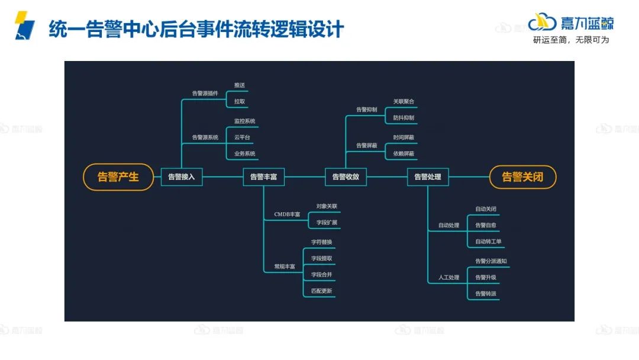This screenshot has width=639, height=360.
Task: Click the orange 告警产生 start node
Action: coord(118,176)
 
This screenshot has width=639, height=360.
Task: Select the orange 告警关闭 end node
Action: coord(522,176)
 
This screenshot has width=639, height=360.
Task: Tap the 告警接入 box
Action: coord(181,176)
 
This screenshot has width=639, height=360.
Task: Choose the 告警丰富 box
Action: coord(263,176)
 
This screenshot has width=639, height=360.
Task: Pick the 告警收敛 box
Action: coord(346,176)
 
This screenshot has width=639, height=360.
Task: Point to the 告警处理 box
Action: coord(428,176)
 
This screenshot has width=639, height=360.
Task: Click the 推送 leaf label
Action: coord(239,85)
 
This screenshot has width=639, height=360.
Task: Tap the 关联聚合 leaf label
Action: coord(404,102)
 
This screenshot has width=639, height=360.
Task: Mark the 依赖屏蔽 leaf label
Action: coord(404,154)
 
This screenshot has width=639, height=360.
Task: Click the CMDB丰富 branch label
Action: coord(287,214)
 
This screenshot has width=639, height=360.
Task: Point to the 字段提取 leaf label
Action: coord(322,259)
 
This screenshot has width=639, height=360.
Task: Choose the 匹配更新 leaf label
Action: coord(322,291)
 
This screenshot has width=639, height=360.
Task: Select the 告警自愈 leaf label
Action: coord(486,226)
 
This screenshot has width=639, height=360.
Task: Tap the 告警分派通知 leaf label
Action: coord(490,261)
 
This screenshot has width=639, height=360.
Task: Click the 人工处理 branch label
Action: coord(448,278)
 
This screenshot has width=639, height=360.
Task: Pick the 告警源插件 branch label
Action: coord(205,94)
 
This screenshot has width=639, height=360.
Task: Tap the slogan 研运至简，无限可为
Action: coord(570,40)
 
